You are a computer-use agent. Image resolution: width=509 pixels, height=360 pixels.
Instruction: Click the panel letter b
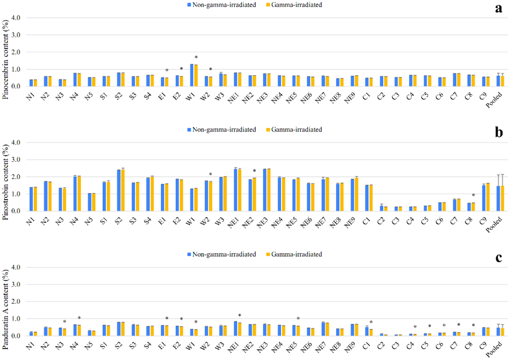(498, 133)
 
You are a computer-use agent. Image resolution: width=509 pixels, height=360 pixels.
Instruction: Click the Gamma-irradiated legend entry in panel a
(298, 5)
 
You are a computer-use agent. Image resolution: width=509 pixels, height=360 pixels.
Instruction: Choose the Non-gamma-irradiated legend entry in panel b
(221, 130)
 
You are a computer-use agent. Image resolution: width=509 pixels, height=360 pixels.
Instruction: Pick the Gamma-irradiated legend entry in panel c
(298, 254)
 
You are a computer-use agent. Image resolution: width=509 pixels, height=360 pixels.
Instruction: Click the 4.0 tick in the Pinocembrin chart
(16, 18)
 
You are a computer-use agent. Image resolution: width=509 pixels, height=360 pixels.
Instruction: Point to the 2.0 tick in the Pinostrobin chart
(16, 177)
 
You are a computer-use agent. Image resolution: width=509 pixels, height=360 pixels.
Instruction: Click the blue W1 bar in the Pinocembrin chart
(192, 75)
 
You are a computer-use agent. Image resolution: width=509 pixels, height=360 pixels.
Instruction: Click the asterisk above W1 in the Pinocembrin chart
(196, 57)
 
